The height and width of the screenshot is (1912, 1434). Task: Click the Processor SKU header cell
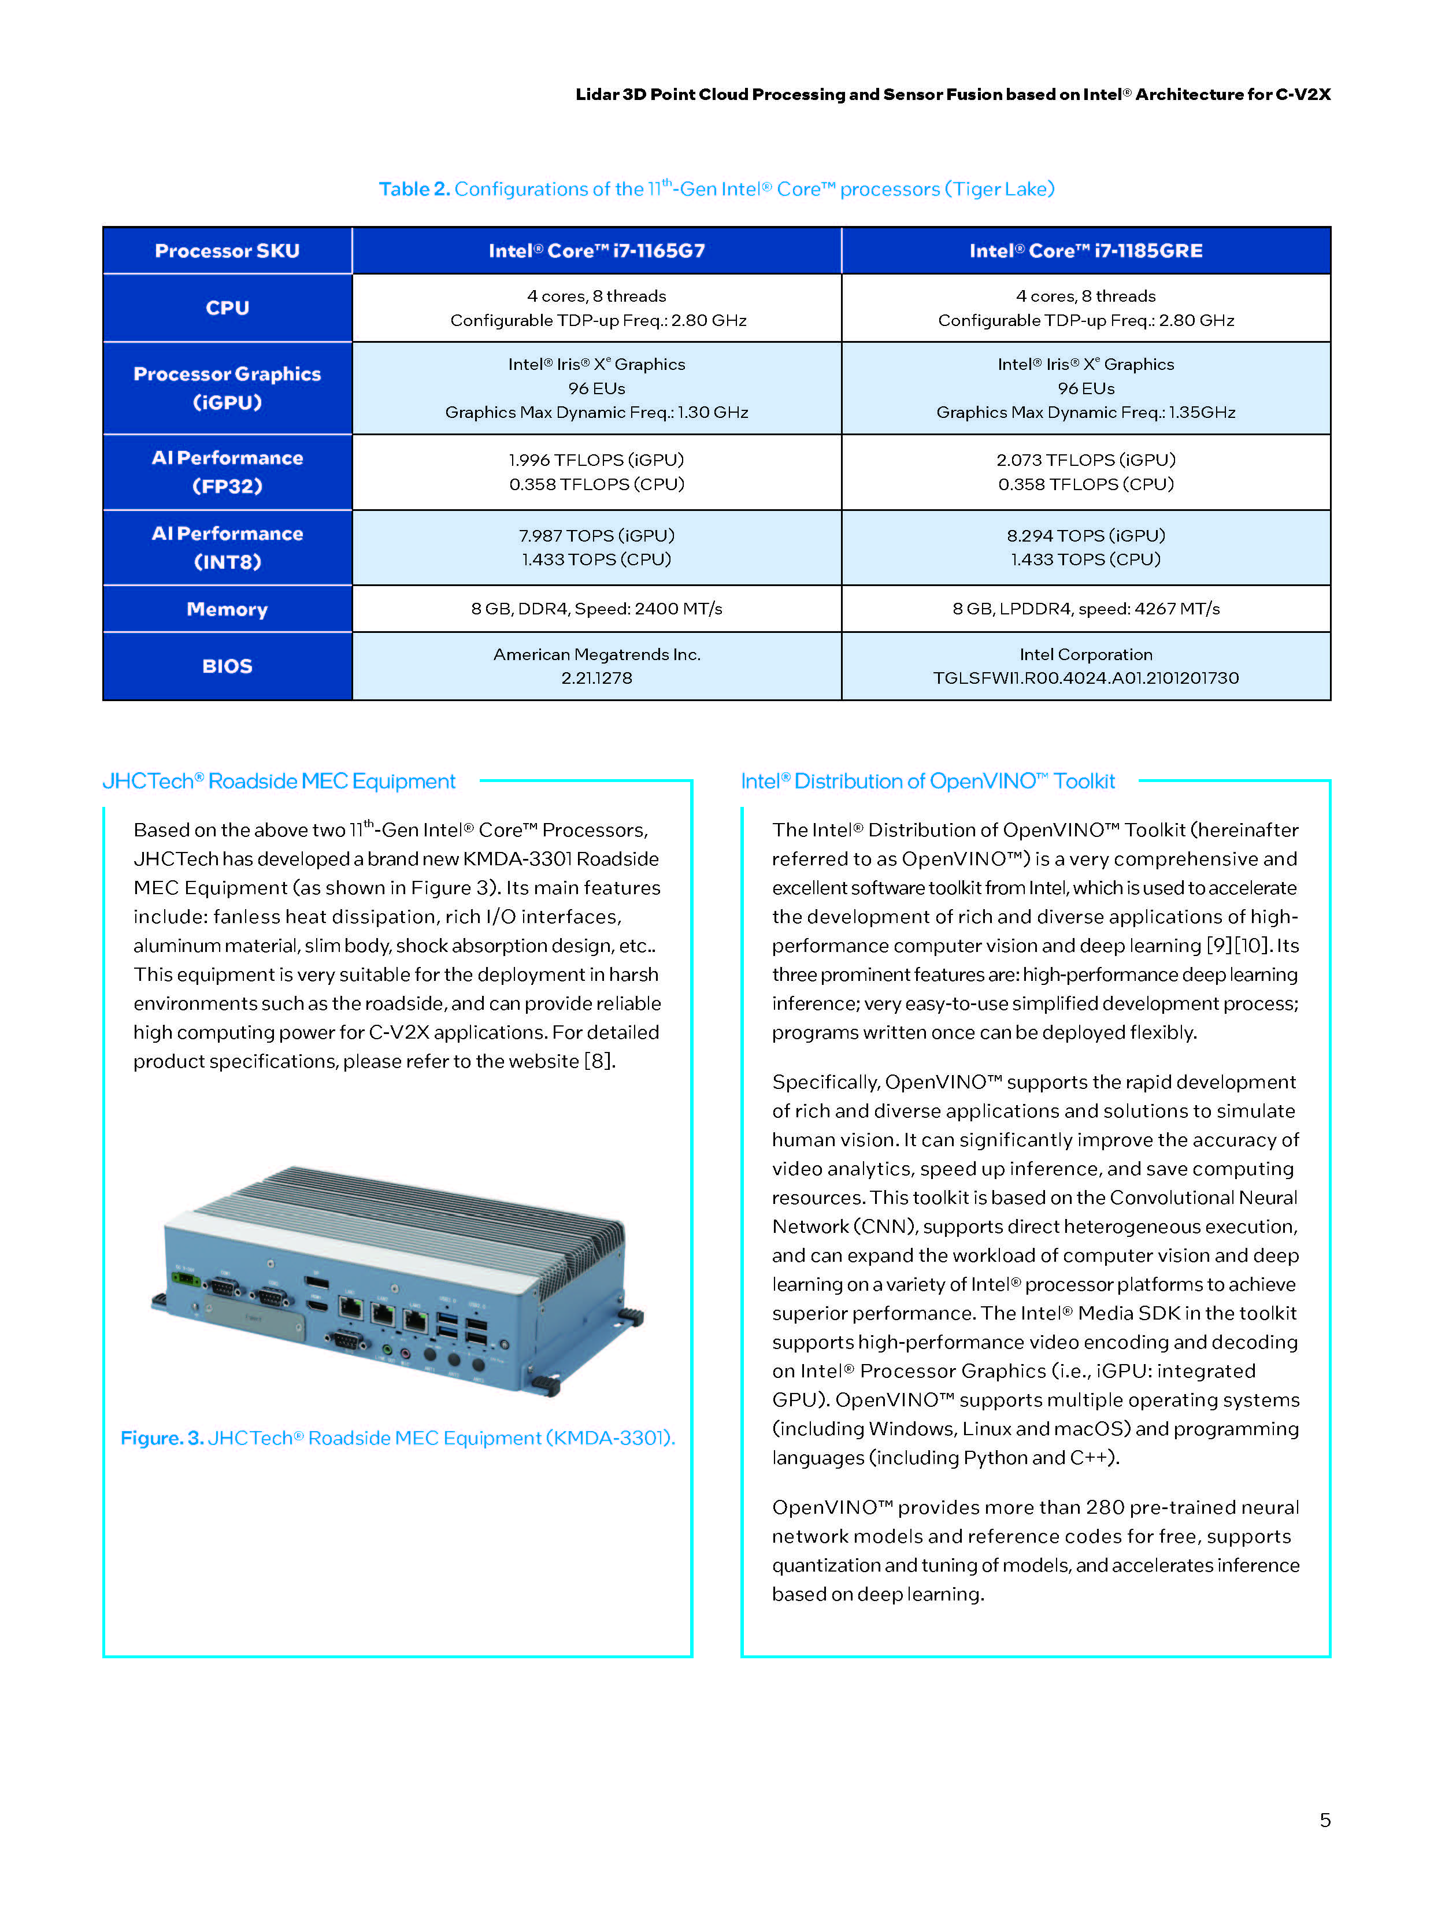[227, 251]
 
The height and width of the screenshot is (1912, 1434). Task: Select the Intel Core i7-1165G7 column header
[596, 251]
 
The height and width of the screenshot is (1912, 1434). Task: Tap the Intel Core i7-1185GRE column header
[1085, 251]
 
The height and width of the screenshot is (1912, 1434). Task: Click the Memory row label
[227, 609]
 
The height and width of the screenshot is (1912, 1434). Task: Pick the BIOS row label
[227, 666]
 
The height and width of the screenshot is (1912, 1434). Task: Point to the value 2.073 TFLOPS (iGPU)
[1085, 460]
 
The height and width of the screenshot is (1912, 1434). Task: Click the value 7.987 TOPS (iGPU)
[596, 536]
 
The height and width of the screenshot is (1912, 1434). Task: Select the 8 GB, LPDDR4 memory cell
[1085, 609]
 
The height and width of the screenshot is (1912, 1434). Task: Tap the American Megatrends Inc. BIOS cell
[596, 654]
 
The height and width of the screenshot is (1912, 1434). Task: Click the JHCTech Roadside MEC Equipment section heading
[279, 781]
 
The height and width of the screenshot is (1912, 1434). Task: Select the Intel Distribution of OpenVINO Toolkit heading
[928, 781]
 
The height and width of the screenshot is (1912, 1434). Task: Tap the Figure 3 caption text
[398, 1438]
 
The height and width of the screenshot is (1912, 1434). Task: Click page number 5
[1324, 1820]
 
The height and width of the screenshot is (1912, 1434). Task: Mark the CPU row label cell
[227, 307]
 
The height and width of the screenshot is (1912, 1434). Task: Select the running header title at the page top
[953, 94]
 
